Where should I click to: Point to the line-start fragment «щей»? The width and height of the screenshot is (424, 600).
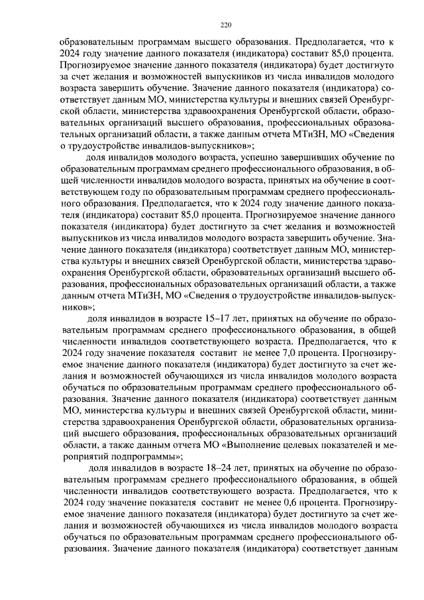pyautogui.click(x=68, y=182)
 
